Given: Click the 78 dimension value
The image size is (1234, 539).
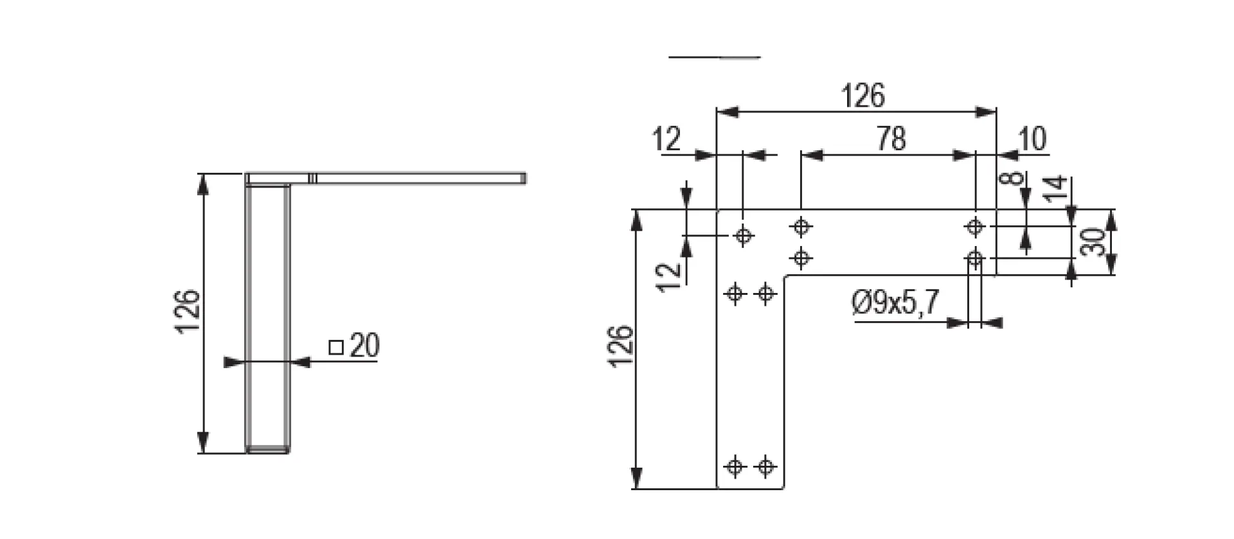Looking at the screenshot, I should pos(891,139).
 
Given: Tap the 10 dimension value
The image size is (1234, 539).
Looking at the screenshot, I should pos(1032,139).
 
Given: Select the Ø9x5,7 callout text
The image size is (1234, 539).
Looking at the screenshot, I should pos(896,303).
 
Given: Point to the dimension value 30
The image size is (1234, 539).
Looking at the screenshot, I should pos(1092,242).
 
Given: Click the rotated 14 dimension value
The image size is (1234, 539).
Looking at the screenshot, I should pos(1055,188).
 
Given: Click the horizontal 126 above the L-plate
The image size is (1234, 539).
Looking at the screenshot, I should pos(863,96).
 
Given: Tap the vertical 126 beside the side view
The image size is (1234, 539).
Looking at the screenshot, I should pos(188,312).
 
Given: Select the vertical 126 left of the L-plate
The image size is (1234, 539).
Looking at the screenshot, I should pos(621,347).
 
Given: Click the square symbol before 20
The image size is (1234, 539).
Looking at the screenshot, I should pos(335,348).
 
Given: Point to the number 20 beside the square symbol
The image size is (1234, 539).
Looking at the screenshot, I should pos(364,346).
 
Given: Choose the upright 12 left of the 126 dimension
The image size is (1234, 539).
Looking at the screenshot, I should pos(666,139).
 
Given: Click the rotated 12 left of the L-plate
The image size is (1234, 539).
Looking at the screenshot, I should pos(670,277).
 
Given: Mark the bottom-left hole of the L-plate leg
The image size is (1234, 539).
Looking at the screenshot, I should pos(735,466).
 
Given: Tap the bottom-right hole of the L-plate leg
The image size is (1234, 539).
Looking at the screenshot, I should pos(765,466).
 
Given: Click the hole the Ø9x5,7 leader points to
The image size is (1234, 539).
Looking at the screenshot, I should pos(975,259).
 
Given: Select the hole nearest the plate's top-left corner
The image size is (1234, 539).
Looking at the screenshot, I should pos(744,236).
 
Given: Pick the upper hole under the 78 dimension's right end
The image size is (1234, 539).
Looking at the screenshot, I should pos(975,226).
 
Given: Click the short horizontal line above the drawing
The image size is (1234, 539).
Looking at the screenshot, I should pos(714,57).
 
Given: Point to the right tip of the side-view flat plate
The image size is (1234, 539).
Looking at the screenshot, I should pos(524,179).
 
